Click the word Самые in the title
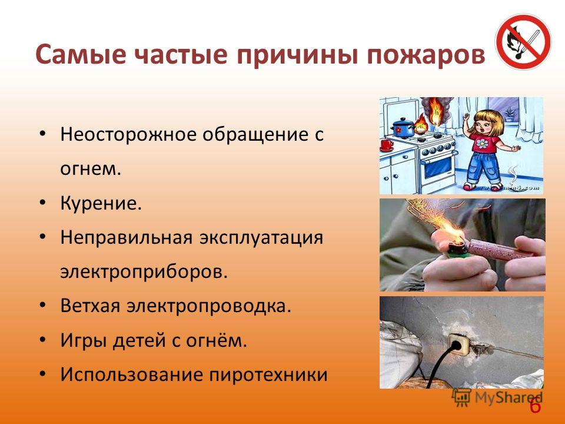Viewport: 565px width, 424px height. point(81,54)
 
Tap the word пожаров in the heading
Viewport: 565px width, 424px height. point(426,55)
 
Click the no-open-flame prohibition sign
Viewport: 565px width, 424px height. point(523,41)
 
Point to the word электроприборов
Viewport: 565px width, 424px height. point(144,271)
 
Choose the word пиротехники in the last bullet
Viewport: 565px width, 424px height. point(268,375)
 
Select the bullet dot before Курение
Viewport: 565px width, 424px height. point(43,203)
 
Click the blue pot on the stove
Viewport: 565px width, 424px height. point(403,128)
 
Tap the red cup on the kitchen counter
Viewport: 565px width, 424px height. point(386,145)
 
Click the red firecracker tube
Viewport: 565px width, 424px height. point(500,249)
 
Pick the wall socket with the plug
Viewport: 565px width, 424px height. point(458,345)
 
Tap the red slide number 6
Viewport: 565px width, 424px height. point(536,406)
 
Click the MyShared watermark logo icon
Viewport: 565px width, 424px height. point(461,398)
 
